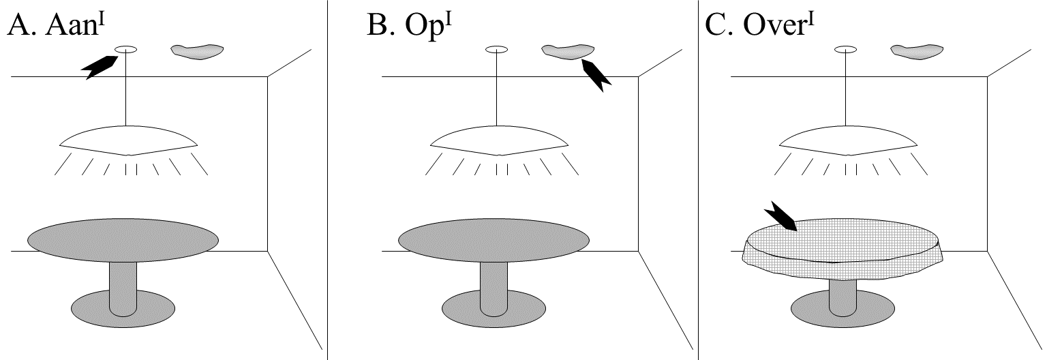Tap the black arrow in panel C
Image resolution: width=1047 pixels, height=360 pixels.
pyautogui.click(x=781, y=217)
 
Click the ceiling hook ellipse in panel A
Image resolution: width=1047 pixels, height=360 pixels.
pyautogui.click(x=127, y=49)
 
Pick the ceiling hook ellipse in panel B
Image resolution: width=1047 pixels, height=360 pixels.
pyautogui.click(x=497, y=49)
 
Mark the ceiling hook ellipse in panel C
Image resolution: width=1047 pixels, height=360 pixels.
pyautogui.click(x=845, y=49)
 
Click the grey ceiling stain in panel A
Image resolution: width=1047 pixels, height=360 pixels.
pyautogui.click(x=198, y=51)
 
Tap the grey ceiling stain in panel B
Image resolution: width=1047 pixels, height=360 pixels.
pyautogui.click(x=567, y=51)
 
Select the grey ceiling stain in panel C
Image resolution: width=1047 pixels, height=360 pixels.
pyautogui.click(x=917, y=51)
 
